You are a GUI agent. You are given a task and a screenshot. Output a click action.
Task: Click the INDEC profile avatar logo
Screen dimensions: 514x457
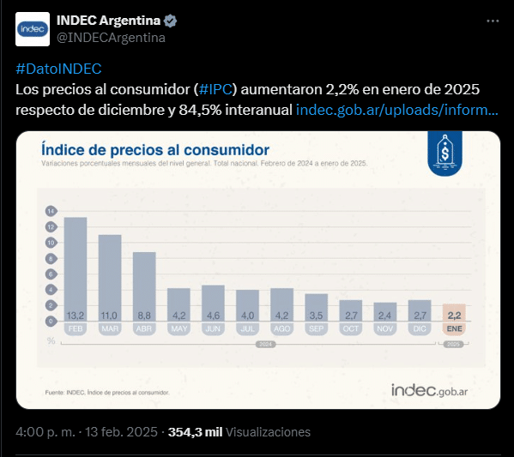(33, 29)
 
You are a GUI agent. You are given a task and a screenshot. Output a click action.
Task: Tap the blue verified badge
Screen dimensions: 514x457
(170, 21)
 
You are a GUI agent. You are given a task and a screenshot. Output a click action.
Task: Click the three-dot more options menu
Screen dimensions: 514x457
(493, 21)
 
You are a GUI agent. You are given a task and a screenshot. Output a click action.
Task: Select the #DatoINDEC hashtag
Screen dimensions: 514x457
(58, 69)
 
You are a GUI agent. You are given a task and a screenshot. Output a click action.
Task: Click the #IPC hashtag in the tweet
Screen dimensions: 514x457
(215, 89)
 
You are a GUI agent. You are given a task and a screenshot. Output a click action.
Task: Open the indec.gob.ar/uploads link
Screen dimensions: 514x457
(397, 110)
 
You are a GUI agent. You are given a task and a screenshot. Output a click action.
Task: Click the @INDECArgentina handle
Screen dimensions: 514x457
(111, 38)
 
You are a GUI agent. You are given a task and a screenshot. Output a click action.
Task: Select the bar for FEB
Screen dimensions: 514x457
(76, 269)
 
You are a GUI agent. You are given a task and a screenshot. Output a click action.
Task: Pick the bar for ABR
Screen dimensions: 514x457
(144, 286)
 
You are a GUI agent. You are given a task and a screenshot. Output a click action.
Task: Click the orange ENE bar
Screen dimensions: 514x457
(454, 313)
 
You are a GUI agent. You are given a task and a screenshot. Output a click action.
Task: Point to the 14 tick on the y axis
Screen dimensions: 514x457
(51, 211)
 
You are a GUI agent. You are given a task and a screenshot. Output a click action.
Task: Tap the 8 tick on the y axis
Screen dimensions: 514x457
(51, 259)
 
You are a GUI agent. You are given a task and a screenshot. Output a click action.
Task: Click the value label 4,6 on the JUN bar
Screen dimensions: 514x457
(213, 316)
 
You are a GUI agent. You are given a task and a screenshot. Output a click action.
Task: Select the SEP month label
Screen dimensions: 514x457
(317, 328)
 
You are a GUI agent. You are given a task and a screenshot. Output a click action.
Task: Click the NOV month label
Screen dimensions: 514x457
(385, 328)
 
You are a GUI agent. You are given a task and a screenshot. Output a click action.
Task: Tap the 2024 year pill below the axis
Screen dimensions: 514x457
(265, 345)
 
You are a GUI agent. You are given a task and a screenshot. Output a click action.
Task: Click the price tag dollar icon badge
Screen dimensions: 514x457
(444, 153)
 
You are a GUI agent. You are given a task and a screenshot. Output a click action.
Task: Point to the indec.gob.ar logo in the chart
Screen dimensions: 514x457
(429, 390)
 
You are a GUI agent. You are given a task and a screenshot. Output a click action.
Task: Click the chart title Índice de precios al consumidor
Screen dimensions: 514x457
(155, 150)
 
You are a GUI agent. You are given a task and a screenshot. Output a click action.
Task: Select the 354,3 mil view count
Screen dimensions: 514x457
(196, 432)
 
